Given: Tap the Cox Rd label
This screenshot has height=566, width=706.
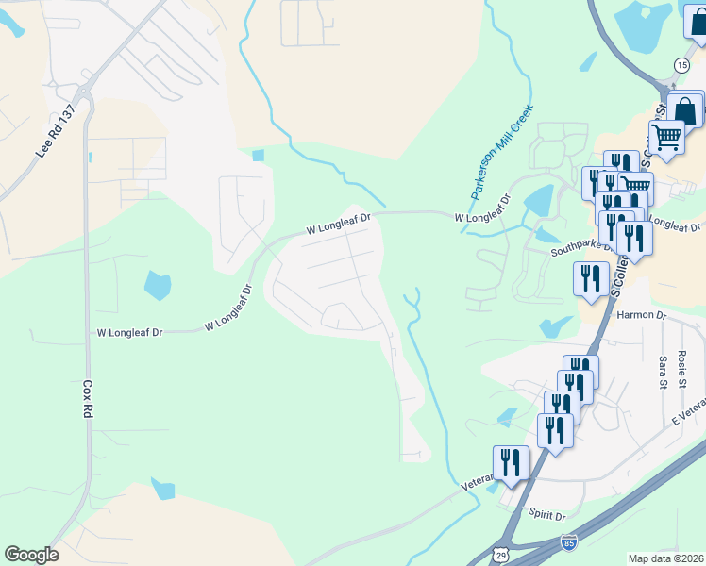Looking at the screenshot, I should [87, 400].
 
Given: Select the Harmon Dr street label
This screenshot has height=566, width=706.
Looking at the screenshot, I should [641, 316].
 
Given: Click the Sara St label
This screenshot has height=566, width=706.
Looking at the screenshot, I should [664, 372].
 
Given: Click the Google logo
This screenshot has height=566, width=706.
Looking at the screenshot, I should [31, 555].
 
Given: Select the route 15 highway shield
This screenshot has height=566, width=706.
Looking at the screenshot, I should [681, 64].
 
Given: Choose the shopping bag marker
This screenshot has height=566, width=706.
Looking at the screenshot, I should [685, 109].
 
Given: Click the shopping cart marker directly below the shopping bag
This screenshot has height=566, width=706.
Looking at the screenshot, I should [666, 138].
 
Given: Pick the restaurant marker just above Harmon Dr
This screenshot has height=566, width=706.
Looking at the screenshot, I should [592, 278].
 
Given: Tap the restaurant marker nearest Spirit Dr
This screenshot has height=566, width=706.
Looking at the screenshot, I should [511, 462].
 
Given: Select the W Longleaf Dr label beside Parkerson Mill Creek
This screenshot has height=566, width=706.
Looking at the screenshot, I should [485, 218].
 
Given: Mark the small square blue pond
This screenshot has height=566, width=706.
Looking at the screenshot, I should [259, 156].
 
